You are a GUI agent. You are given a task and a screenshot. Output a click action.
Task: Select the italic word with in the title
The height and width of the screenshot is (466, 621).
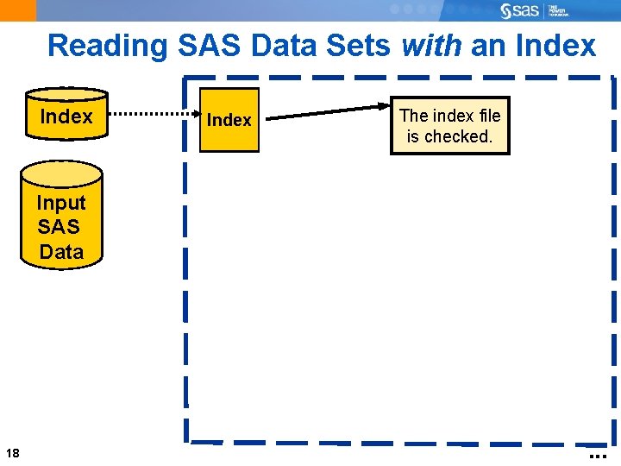431,45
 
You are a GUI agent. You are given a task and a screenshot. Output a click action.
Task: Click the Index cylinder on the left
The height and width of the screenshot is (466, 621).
66,115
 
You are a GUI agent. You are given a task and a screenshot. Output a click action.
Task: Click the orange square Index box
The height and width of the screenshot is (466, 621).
229,120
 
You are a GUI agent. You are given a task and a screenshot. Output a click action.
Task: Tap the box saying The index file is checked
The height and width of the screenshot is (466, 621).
449,125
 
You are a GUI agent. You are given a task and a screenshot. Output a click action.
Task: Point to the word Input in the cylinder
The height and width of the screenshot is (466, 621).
61,203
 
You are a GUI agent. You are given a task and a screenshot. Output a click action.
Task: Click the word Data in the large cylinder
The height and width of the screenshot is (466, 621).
62,252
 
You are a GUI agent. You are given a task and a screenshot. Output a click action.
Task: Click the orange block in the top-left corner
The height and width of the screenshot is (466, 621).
17,9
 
